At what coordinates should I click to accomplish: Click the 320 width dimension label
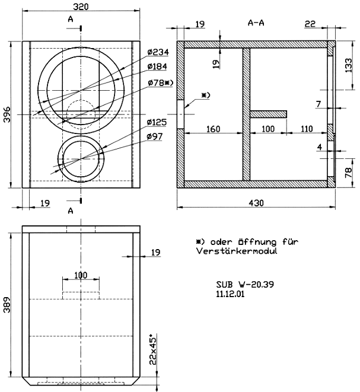[81, 7]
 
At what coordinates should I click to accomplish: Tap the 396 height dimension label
[7, 114]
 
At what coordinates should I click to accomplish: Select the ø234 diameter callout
[158, 52]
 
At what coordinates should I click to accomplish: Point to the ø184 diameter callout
[157, 66]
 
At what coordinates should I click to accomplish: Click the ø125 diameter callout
[157, 122]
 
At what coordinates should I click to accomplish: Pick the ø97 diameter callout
[155, 136]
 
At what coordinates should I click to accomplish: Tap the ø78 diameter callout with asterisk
[160, 83]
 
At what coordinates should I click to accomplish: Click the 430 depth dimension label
[256, 203]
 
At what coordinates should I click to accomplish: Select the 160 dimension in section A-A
[214, 129]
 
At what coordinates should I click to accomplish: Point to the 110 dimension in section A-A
[307, 129]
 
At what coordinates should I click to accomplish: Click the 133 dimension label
[349, 65]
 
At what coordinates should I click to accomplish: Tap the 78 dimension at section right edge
[349, 173]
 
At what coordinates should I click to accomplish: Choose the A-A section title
[256, 23]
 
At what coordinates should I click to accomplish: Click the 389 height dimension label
[7, 305]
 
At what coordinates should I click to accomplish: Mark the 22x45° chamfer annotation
[153, 349]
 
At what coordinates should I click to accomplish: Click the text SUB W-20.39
[245, 284]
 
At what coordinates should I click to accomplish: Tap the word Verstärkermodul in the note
[237, 251]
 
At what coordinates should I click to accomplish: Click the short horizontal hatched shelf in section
[269, 114]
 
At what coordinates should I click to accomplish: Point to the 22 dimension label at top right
[310, 24]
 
